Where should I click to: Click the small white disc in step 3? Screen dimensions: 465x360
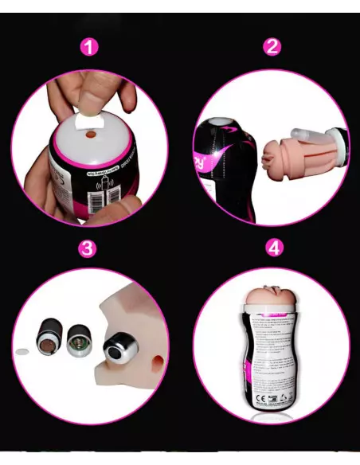pos(23,349)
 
